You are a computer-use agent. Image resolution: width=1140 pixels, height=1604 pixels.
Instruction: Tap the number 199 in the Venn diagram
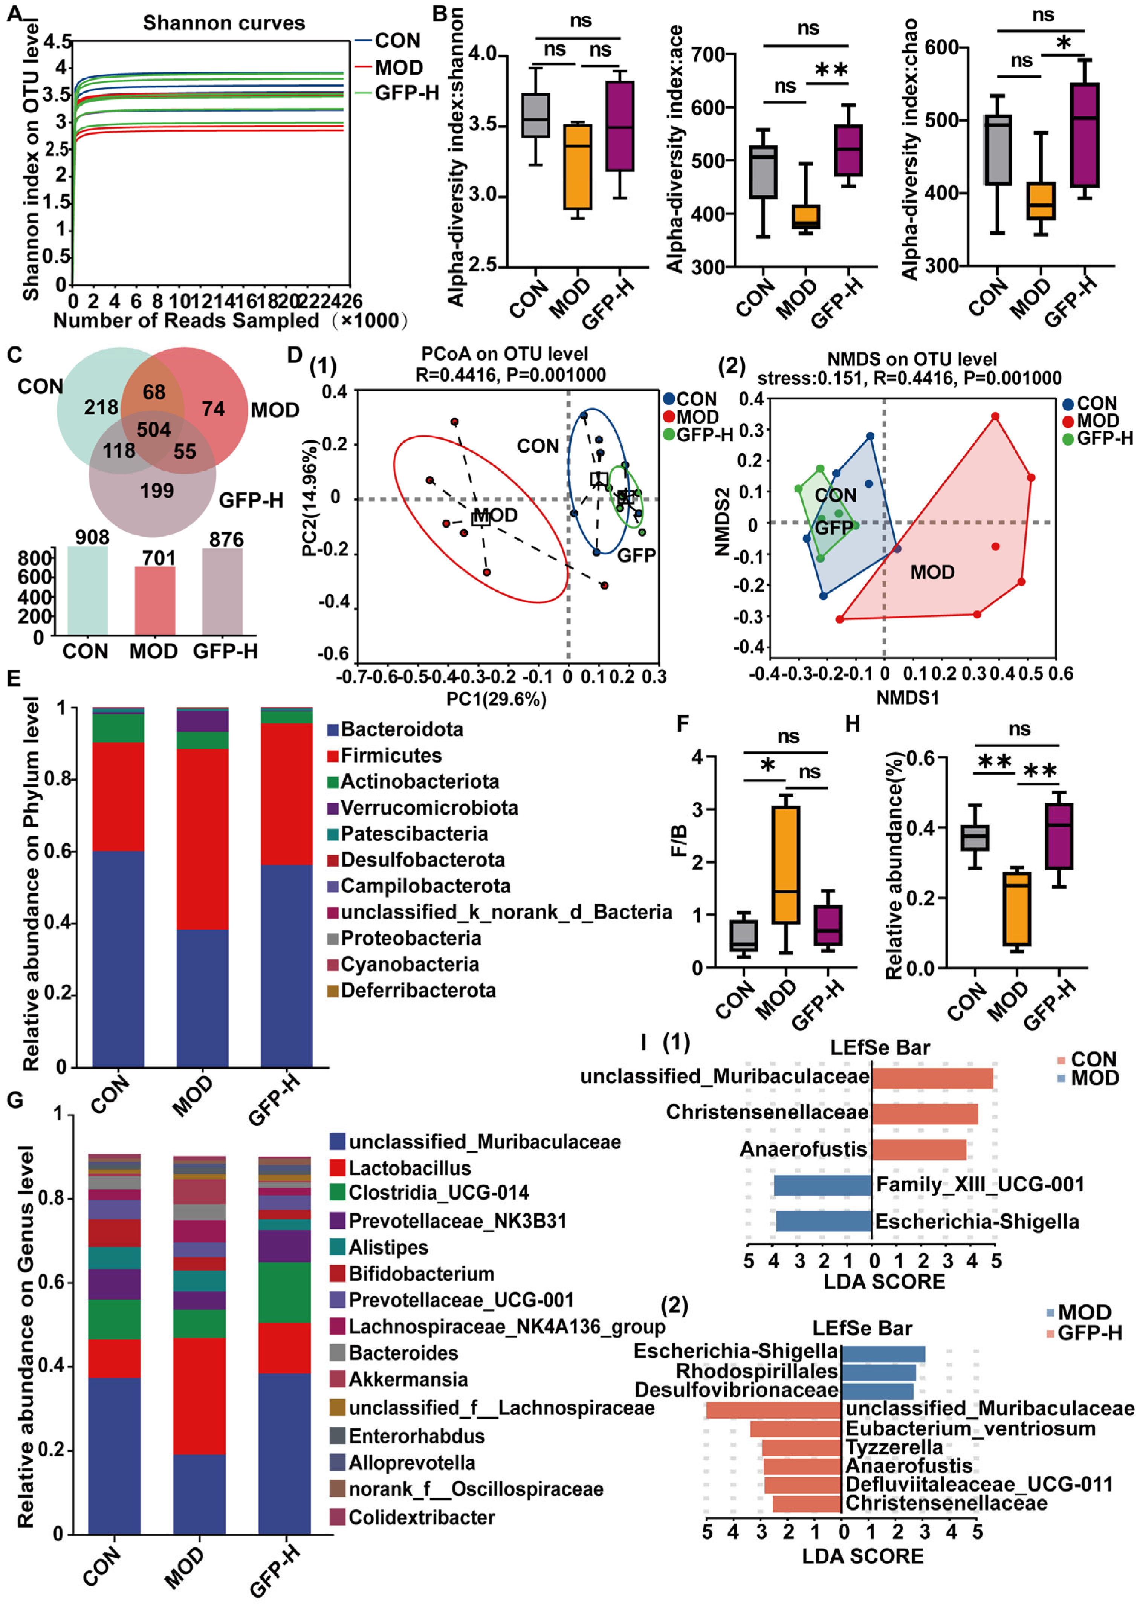tap(157, 491)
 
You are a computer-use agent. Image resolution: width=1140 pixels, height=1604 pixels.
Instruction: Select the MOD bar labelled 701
tap(155, 600)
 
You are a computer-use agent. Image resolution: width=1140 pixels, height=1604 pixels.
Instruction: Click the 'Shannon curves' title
tap(224, 23)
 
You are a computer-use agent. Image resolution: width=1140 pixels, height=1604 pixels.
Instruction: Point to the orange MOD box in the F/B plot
tap(785, 865)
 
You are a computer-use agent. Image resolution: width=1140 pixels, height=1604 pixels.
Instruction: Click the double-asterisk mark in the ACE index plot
tap(831, 70)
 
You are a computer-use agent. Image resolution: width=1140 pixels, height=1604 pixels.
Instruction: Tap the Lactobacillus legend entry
tap(409, 1168)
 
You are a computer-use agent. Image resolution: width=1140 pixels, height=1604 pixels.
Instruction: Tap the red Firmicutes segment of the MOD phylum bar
tap(202, 839)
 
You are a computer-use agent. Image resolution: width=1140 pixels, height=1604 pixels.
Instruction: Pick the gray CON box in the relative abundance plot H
tap(974, 838)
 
